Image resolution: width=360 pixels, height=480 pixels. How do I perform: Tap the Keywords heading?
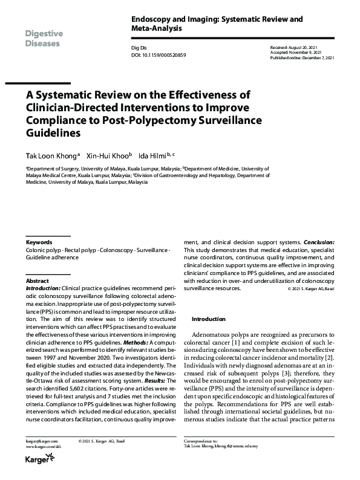click(39, 242)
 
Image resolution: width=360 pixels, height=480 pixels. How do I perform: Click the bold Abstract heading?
click(37, 281)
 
